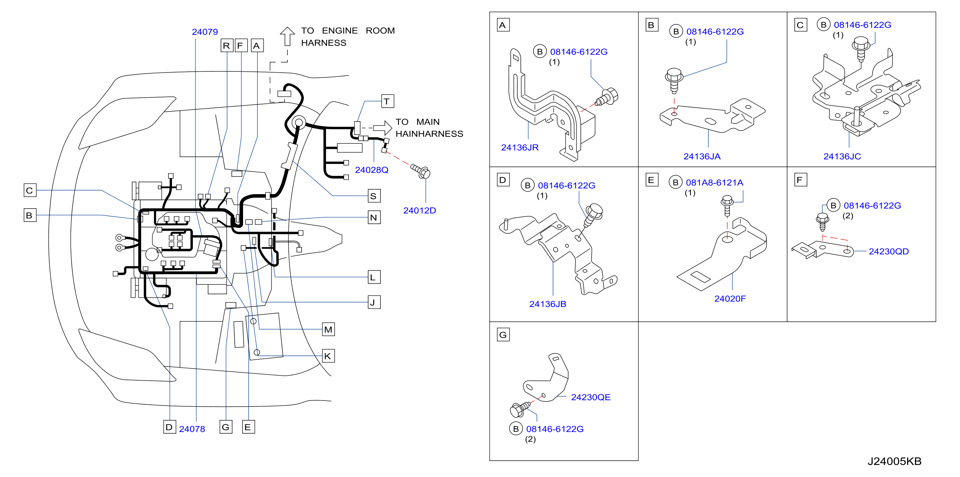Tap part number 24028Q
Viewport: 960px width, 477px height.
pyautogui.click(x=372, y=170)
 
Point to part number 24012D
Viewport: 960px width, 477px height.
pyautogui.click(x=420, y=211)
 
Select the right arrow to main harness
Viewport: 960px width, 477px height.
pyautogui.click(x=382, y=128)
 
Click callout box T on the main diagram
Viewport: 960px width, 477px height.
pyautogui.click(x=388, y=101)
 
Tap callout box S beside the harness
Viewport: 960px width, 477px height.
pyautogui.click(x=374, y=196)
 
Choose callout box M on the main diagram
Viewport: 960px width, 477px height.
pyautogui.click(x=328, y=329)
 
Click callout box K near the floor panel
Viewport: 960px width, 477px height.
pyautogui.click(x=328, y=356)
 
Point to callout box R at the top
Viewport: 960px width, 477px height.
pyautogui.click(x=227, y=45)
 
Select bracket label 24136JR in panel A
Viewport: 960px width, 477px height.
pyautogui.click(x=520, y=148)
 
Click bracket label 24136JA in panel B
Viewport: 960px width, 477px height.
pyautogui.click(x=702, y=157)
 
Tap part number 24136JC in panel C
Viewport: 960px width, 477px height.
pyautogui.click(x=842, y=157)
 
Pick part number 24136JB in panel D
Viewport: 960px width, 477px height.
pyautogui.click(x=548, y=304)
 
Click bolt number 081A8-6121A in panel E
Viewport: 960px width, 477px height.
pyautogui.click(x=714, y=183)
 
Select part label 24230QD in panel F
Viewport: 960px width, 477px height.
pyautogui.click(x=889, y=252)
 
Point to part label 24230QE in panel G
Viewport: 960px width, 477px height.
pyautogui.click(x=591, y=397)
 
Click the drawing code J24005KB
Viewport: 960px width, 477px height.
pyautogui.click(x=894, y=461)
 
